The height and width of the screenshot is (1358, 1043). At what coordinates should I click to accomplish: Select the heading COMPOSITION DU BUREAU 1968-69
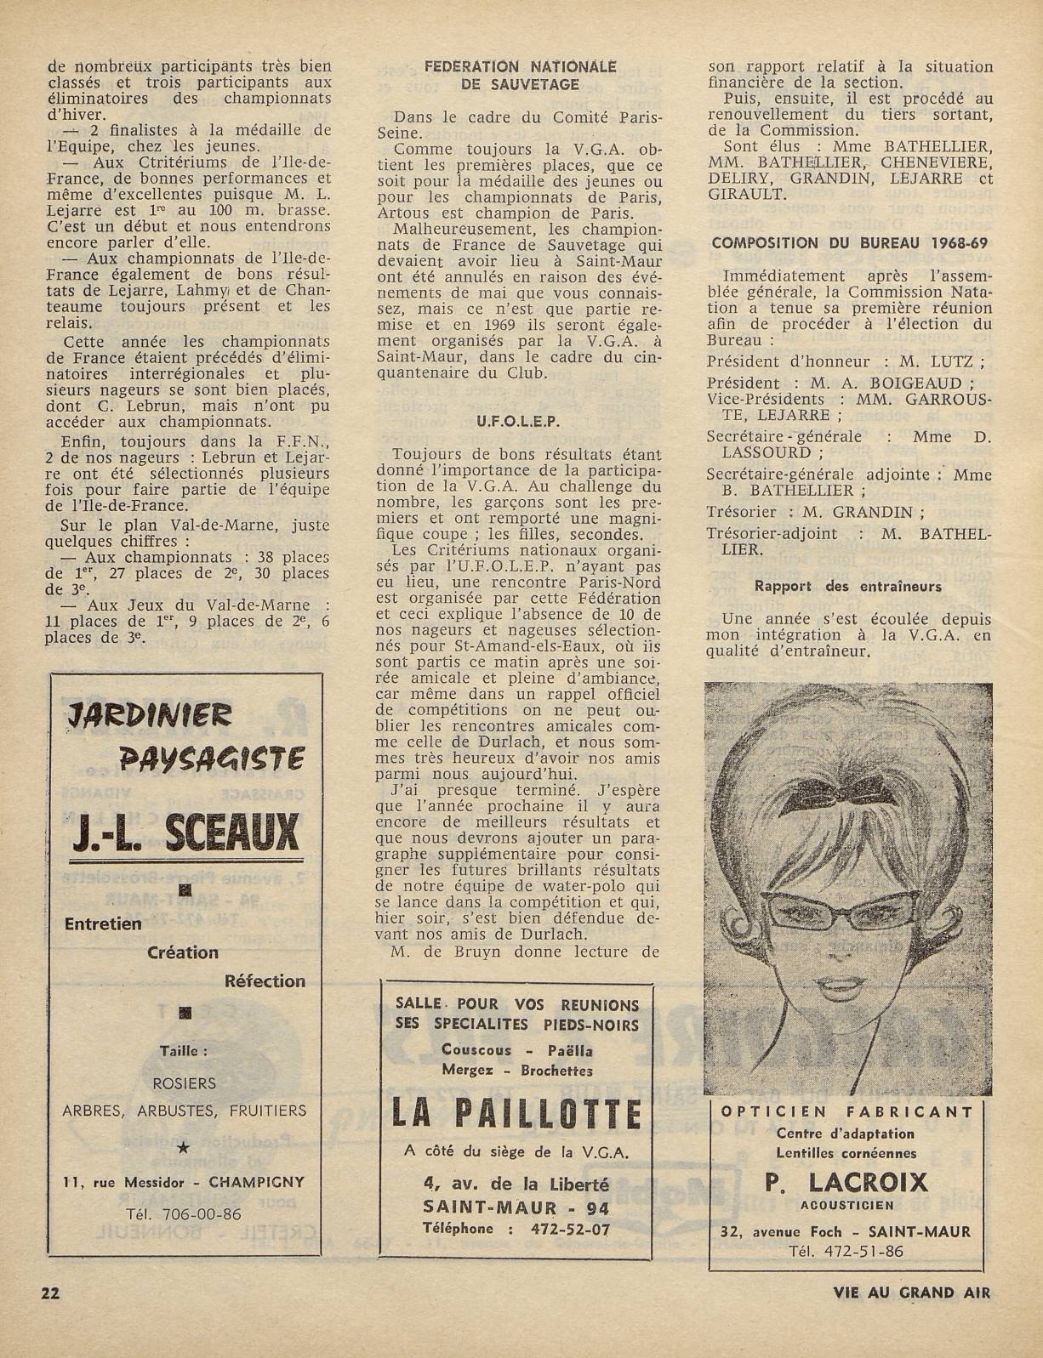click(x=849, y=242)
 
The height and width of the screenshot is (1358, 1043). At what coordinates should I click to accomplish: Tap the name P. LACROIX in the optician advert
click(x=846, y=1181)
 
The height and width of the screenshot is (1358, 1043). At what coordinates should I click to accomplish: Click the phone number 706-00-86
click(x=204, y=1213)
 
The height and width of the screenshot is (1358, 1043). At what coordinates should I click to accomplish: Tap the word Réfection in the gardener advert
click(x=265, y=980)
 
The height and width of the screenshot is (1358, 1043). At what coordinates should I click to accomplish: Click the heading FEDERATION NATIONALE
click(x=521, y=66)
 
